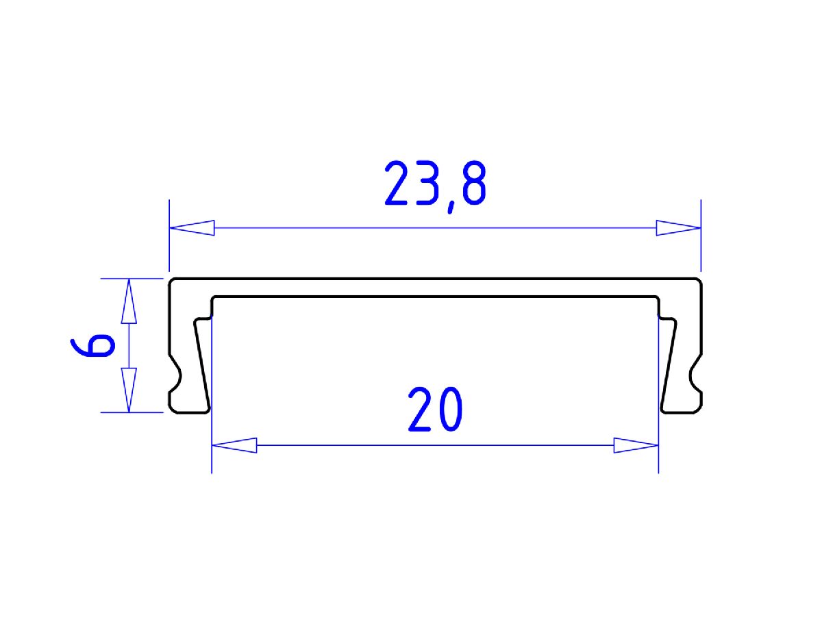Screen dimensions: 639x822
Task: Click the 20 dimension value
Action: click(436, 410)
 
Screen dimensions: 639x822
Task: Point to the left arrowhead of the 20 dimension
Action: click(234, 446)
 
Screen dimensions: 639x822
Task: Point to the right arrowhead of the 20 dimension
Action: click(636, 446)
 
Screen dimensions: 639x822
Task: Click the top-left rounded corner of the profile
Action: click(173, 281)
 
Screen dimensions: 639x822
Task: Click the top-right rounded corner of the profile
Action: click(699, 281)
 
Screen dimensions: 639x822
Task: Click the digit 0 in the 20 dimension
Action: click(449, 410)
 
